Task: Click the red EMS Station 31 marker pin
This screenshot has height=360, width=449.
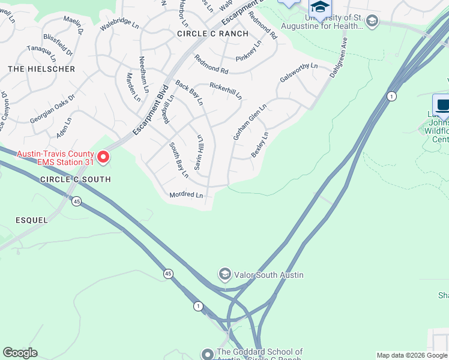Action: (x=103, y=157)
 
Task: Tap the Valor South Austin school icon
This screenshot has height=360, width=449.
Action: (x=225, y=275)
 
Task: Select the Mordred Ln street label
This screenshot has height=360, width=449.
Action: (x=186, y=194)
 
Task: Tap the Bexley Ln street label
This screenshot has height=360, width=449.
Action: (x=259, y=145)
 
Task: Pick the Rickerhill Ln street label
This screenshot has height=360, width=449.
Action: (x=226, y=90)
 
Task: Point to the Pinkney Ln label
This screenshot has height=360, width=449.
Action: (x=249, y=51)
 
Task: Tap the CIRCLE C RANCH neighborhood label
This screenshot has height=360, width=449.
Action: (x=212, y=34)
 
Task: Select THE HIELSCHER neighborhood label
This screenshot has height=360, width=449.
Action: (x=41, y=69)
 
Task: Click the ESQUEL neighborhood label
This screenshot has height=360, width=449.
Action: (x=31, y=220)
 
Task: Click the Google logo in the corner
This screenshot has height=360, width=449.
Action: (x=20, y=353)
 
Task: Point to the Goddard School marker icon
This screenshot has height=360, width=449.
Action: (x=208, y=354)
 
